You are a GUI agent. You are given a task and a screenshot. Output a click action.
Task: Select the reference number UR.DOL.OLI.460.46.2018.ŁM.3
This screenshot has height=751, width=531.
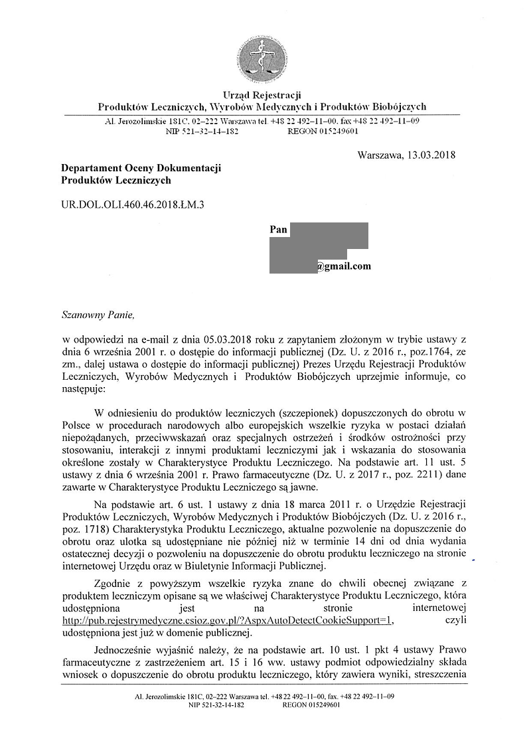pyautogui.click(x=133, y=205)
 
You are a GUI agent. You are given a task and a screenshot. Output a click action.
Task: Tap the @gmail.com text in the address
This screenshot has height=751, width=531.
pyautogui.click(x=343, y=267)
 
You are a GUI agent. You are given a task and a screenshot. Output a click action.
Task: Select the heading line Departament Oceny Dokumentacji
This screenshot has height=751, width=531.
pyautogui.click(x=141, y=169)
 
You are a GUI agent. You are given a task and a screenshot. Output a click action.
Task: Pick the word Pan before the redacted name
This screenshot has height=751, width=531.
pyautogui.click(x=279, y=230)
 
